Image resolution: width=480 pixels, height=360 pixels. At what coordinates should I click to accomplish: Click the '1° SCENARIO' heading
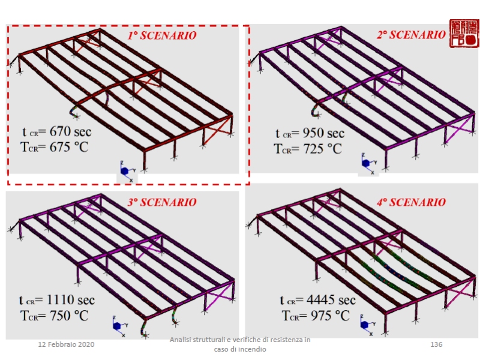(162, 35)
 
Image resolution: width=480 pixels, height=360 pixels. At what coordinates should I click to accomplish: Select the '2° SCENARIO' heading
(411, 35)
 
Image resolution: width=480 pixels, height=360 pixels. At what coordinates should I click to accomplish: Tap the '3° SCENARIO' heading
(162, 202)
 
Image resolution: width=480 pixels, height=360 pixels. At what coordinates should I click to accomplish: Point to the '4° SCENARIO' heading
(411, 202)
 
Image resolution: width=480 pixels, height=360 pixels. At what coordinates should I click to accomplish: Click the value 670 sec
(70, 131)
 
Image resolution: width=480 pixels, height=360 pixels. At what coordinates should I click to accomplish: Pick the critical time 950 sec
(323, 133)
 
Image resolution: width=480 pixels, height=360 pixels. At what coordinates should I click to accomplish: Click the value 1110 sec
(70, 300)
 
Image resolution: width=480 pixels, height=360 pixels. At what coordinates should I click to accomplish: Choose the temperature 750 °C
(69, 316)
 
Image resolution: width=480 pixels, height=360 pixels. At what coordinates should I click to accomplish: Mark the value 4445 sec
(331, 300)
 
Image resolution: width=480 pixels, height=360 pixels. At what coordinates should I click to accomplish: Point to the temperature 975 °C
(330, 316)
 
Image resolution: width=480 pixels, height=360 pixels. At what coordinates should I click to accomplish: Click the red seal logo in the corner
(464, 34)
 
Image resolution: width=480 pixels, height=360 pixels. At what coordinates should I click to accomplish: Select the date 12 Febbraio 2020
(66, 344)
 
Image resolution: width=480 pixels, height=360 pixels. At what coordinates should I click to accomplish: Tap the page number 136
(436, 344)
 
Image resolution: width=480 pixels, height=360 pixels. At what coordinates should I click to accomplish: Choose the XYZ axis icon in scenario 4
(367, 325)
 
